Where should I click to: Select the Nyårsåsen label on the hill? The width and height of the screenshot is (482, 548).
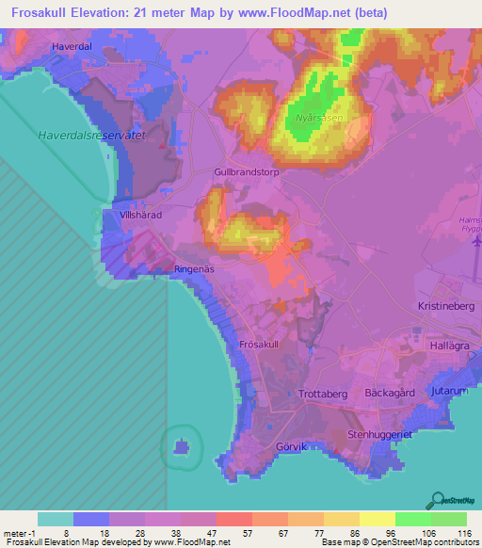[x=316, y=118]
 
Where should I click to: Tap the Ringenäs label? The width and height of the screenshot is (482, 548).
[x=195, y=268]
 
